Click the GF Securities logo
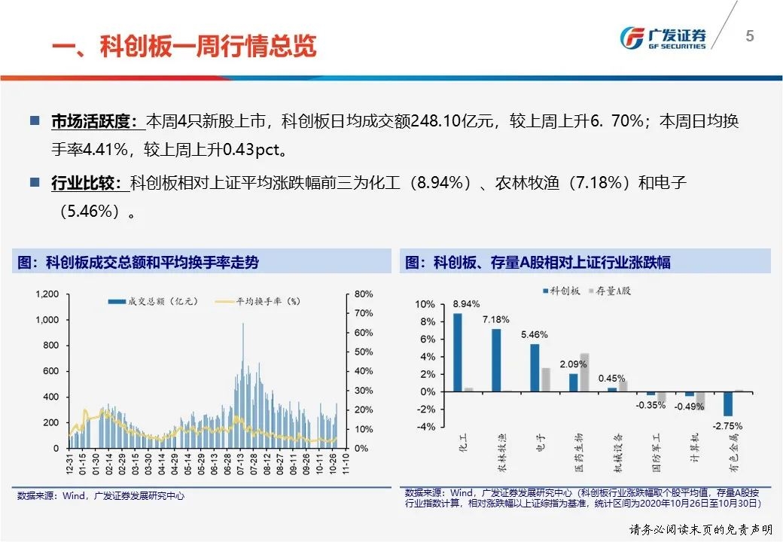(663, 38)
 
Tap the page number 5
(749, 36)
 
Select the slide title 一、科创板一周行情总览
(184, 46)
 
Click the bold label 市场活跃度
(93, 121)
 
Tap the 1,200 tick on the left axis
(47, 294)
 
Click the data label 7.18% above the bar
(496, 320)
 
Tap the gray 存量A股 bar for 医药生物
(584, 372)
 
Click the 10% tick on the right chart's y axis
(426, 304)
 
